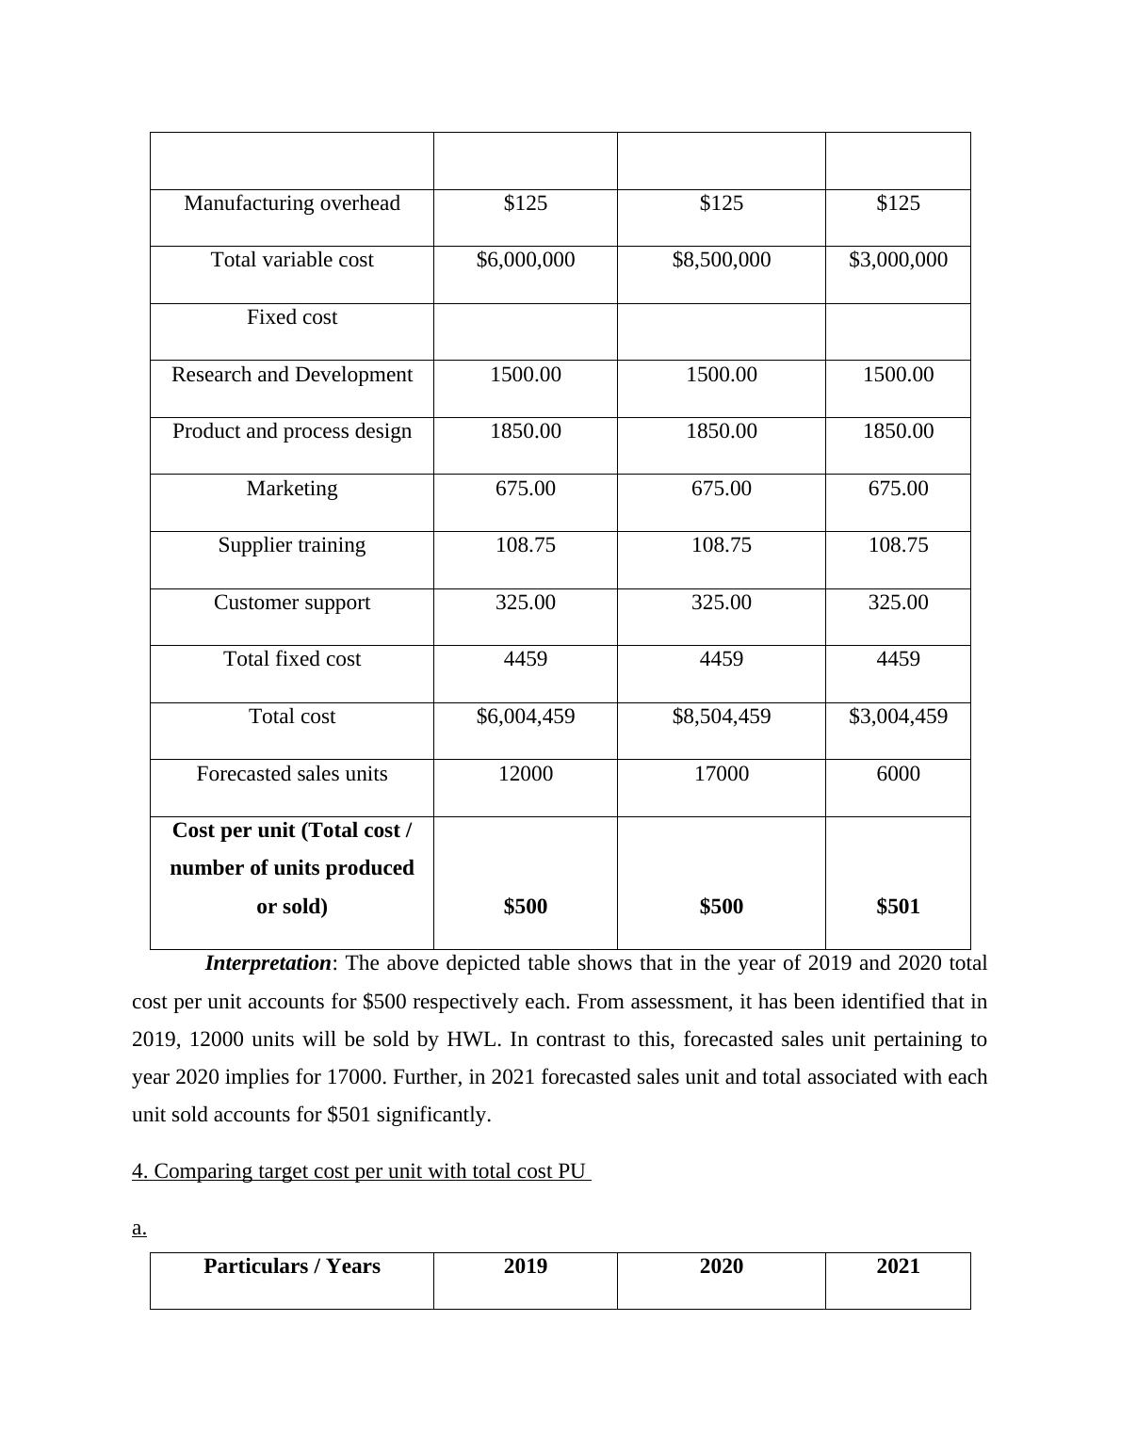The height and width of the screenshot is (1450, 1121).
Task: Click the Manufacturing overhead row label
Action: pyautogui.click(x=292, y=203)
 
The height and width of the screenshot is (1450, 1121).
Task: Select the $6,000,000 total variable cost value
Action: pyautogui.click(x=526, y=260)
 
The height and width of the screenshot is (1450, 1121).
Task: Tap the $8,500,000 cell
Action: pyautogui.click(x=722, y=260)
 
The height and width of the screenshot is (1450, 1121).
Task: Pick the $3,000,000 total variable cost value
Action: pyautogui.click(x=898, y=260)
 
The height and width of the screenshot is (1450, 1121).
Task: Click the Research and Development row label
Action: pyautogui.click(x=292, y=375)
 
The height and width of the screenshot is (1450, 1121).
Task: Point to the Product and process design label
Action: pyautogui.click(x=292, y=431)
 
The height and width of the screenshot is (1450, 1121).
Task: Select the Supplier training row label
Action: pyautogui.click(x=292, y=545)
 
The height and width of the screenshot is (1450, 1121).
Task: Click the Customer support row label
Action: pyautogui.click(x=292, y=603)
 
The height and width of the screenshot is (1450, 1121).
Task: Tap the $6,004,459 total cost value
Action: pyautogui.click(x=526, y=717)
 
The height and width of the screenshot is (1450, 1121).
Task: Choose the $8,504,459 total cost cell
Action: pyautogui.click(x=722, y=717)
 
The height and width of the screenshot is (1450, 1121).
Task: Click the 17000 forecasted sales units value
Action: pyautogui.click(x=722, y=774)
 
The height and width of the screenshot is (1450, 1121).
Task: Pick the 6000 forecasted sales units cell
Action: pyautogui.click(x=898, y=774)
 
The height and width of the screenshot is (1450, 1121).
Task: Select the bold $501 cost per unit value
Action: pyautogui.click(x=898, y=907)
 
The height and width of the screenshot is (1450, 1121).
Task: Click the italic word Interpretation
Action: pyautogui.click(x=268, y=963)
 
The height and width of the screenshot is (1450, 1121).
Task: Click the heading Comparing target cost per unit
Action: pyautogui.click(x=361, y=1171)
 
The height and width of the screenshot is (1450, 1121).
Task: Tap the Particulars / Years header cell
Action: pyautogui.click(x=292, y=1266)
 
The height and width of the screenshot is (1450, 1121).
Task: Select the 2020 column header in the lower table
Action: pyautogui.click(x=722, y=1266)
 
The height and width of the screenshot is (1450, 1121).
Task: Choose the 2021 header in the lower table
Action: pyautogui.click(x=898, y=1266)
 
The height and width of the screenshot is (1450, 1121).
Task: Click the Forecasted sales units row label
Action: pyautogui.click(x=292, y=774)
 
